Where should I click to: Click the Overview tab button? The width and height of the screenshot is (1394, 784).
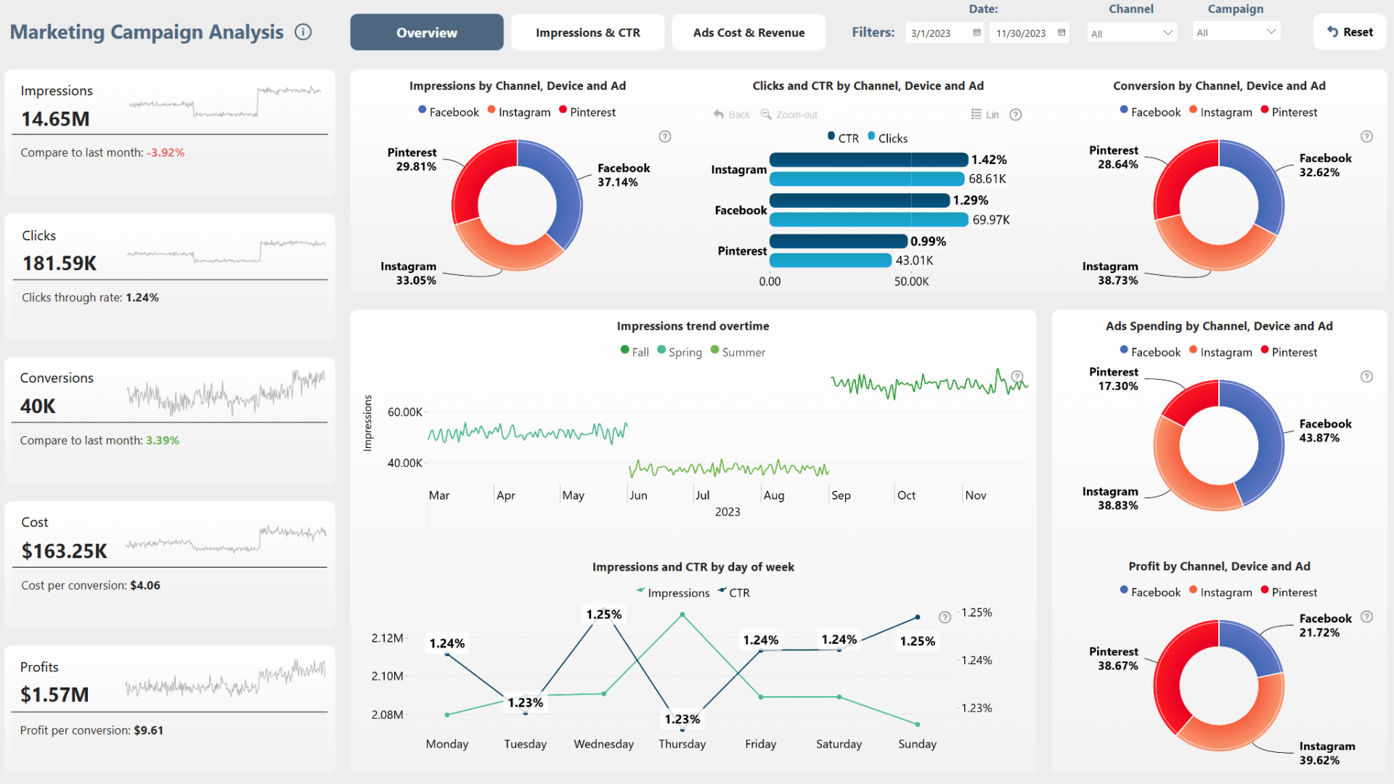(426, 33)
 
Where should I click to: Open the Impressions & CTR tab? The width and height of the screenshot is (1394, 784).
(587, 33)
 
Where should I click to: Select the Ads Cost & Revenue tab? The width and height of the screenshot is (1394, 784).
(749, 33)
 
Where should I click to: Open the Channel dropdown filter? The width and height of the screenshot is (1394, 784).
(1131, 33)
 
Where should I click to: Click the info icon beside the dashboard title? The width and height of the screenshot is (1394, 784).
(303, 32)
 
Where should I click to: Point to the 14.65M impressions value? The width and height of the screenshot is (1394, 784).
(55, 119)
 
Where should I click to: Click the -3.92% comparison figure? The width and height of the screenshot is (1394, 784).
(166, 152)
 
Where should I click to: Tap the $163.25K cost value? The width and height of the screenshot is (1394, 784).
(65, 551)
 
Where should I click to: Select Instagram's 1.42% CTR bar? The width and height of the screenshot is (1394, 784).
(868, 160)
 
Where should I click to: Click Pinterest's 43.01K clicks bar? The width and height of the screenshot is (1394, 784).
(830, 260)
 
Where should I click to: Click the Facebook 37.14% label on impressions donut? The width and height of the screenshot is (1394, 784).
(623, 175)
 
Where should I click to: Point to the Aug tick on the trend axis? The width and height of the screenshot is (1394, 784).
(774, 495)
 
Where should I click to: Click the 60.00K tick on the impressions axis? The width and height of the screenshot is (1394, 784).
(404, 412)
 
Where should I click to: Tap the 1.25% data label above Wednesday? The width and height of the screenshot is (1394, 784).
(603, 614)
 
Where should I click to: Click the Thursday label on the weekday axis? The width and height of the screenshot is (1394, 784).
(682, 744)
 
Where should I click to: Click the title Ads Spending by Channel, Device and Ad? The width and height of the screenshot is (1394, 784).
(1218, 326)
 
